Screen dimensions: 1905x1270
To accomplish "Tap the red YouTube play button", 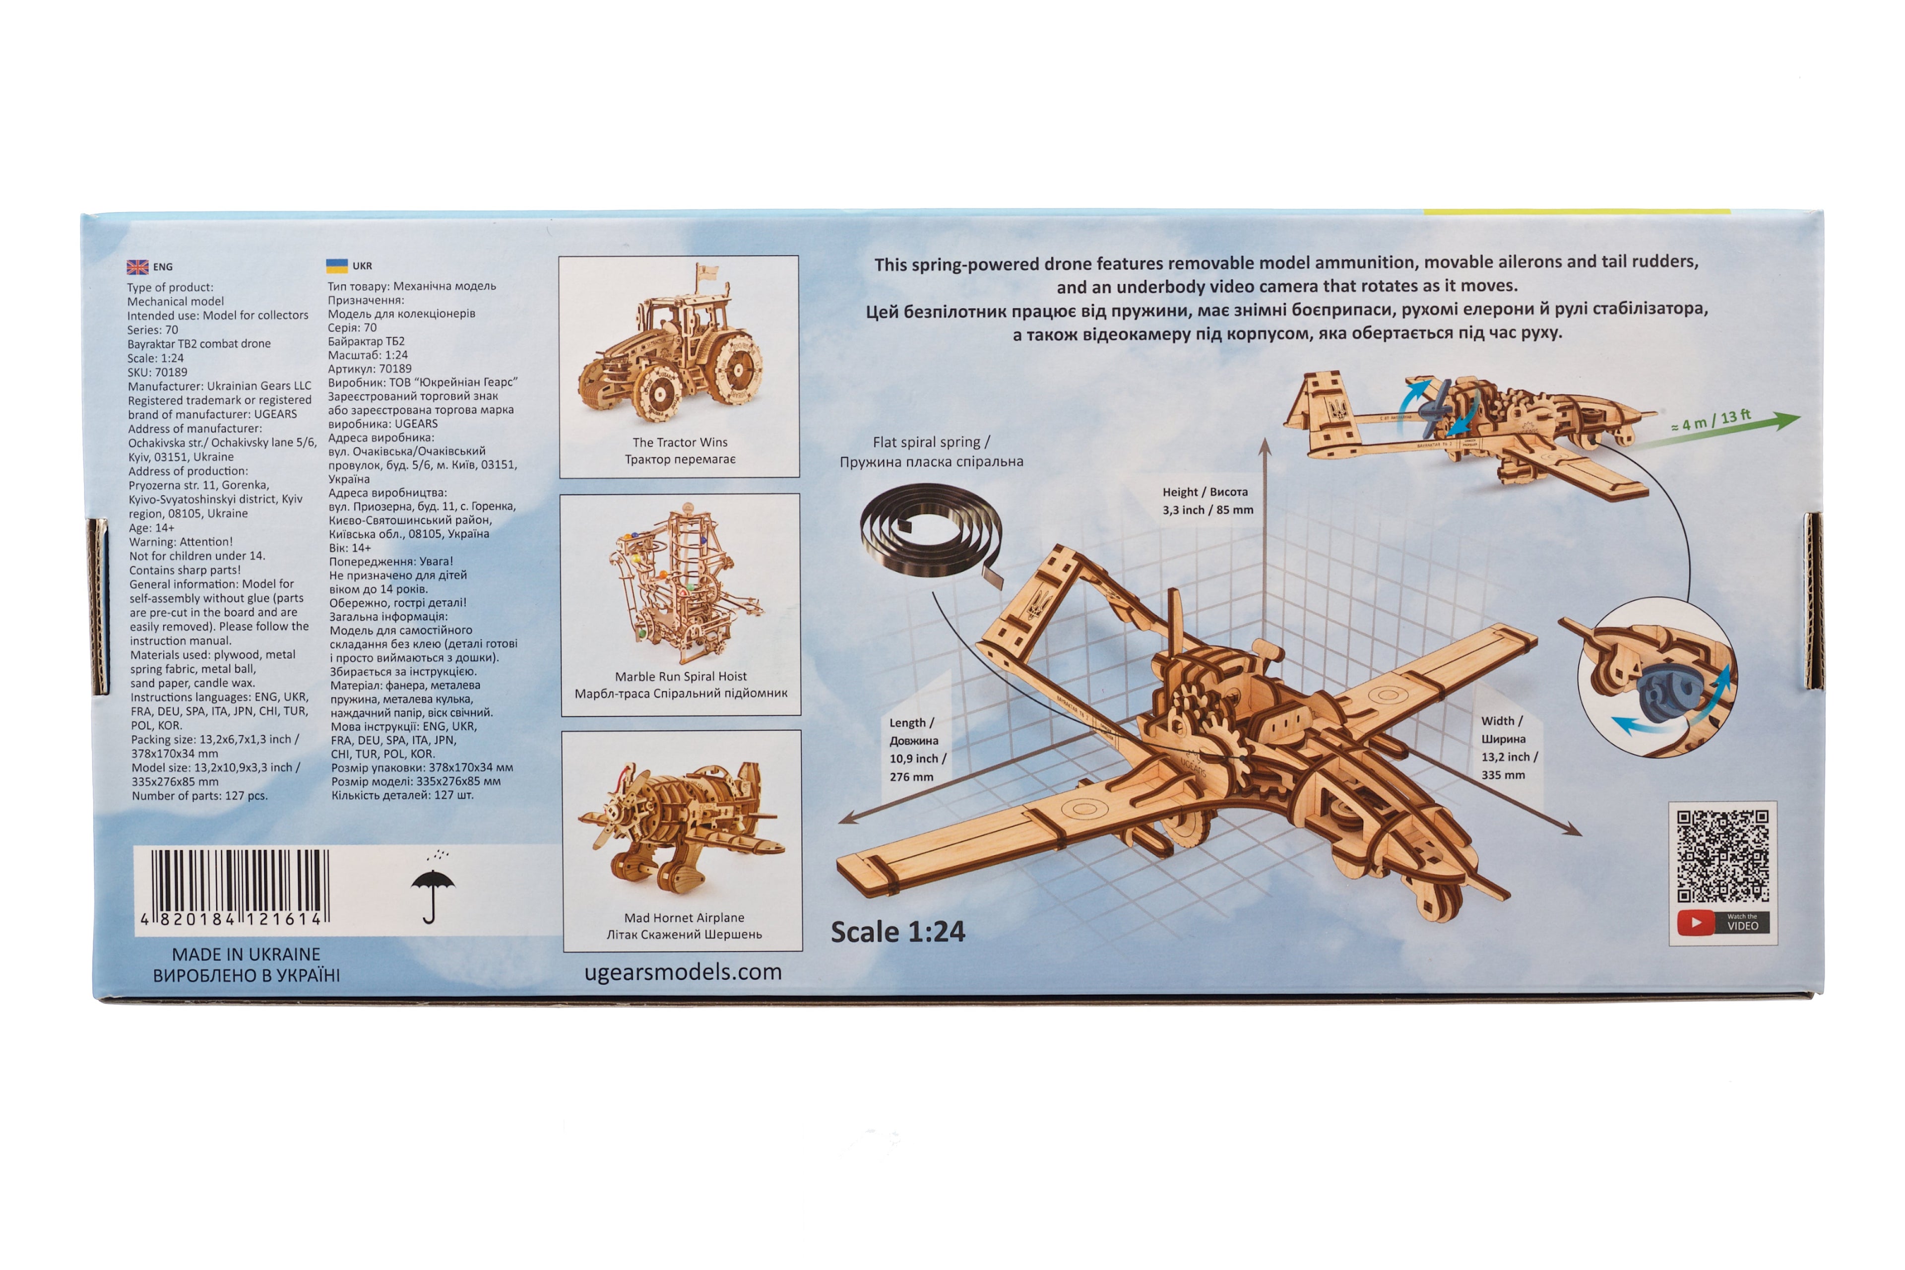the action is pyautogui.click(x=1695, y=923).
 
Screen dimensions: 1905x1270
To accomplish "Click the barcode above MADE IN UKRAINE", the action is pyautogui.click(x=235, y=888).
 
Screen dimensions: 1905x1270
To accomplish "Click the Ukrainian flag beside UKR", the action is pyautogui.click(x=336, y=265).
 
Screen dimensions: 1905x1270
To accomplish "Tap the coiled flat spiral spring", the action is pyautogui.click(x=929, y=535).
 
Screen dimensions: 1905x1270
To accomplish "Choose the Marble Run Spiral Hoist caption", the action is pyautogui.click(x=680, y=685).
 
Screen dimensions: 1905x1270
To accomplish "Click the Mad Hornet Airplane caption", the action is pyautogui.click(x=685, y=926).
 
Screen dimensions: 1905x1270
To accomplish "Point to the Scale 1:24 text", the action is pyautogui.click(x=897, y=932).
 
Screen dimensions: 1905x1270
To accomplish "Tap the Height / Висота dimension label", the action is pyautogui.click(x=1207, y=501).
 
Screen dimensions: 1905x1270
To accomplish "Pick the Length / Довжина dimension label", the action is pyautogui.click(x=917, y=749).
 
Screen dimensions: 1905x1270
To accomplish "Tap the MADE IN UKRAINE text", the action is pyautogui.click(x=246, y=954).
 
